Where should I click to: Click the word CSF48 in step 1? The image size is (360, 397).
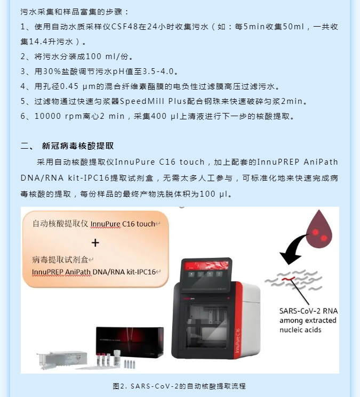(125, 27)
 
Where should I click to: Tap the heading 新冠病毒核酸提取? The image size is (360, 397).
(78, 146)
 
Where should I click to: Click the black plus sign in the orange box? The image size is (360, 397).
(95, 243)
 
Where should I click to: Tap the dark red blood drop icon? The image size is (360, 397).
(319, 229)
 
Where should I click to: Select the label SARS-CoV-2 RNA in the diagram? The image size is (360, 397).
(308, 311)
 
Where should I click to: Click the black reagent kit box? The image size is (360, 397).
(130, 342)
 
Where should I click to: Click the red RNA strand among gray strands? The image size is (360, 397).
(288, 279)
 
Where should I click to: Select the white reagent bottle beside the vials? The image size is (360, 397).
(117, 358)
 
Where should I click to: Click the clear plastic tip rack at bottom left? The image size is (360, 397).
(62, 360)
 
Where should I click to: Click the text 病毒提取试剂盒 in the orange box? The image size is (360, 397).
(60, 260)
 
